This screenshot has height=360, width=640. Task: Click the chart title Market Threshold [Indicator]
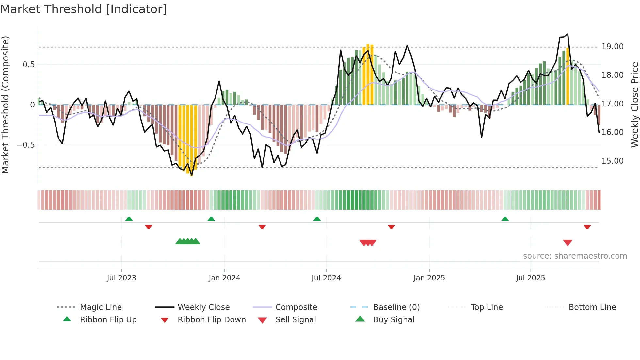tap(84, 9)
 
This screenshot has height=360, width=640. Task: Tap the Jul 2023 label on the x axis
tap(121, 278)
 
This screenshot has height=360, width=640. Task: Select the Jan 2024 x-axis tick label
tap(224, 278)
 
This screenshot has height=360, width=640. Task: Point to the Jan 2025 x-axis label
tap(429, 278)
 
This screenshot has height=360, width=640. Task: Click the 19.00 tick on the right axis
tap(613, 47)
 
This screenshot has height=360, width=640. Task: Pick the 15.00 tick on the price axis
tap(613, 161)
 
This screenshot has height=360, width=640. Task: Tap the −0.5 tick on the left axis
tap(25, 145)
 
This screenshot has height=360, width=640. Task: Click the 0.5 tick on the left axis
tap(28, 65)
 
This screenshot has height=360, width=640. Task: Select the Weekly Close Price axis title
tap(634, 105)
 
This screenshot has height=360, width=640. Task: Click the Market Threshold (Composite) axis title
tap(5, 105)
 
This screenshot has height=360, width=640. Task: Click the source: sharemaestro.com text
tap(575, 256)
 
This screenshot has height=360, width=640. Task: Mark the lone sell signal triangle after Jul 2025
tap(568, 243)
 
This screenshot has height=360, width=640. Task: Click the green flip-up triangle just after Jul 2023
tap(129, 219)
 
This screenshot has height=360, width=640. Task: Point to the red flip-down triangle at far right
tap(587, 227)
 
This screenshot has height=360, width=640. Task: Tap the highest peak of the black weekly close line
tap(568, 34)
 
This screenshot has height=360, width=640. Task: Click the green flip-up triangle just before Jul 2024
tap(317, 219)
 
